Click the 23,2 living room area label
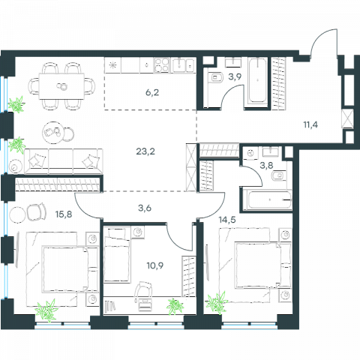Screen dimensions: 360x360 tap(145, 151)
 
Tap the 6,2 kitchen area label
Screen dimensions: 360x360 tap(152, 93)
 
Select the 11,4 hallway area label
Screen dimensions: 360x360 tap(310, 124)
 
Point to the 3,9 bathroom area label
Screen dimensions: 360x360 tap(235, 76)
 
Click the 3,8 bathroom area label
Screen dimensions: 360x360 tap(266, 165)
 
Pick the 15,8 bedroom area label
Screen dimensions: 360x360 tap(64, 214)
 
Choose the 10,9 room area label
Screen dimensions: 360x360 tap(155, 265)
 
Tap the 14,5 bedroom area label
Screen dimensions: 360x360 tap(227, 220)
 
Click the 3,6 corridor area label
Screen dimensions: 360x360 tap(145, 208)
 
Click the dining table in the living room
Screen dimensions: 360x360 tap(61, 86)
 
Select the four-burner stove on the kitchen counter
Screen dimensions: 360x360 tap(162, 65)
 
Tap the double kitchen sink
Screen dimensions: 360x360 tap(184, 65)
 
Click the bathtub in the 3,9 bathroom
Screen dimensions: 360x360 tap(257, 80)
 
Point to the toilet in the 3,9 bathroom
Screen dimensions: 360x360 tap(216, 77)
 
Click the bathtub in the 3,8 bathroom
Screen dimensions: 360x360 tap(268, 199)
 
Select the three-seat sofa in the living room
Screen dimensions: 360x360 tap(64, 161)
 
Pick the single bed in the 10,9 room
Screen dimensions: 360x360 tap(117, 255)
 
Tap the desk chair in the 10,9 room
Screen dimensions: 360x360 tap(143, 291)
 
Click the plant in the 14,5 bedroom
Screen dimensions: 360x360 tap(217, 304)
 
